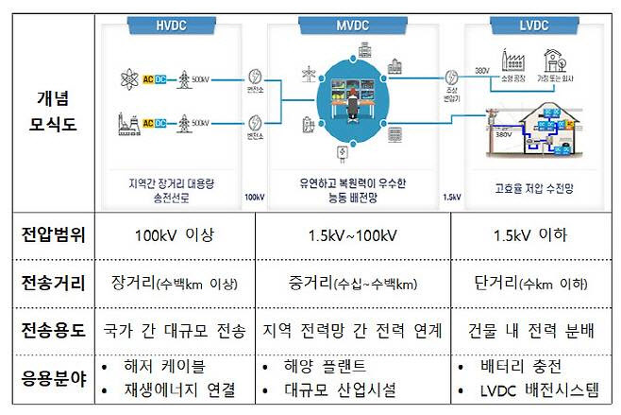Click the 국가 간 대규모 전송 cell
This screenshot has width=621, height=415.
[176, 330]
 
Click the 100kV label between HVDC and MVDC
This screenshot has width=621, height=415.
[253, 198]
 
